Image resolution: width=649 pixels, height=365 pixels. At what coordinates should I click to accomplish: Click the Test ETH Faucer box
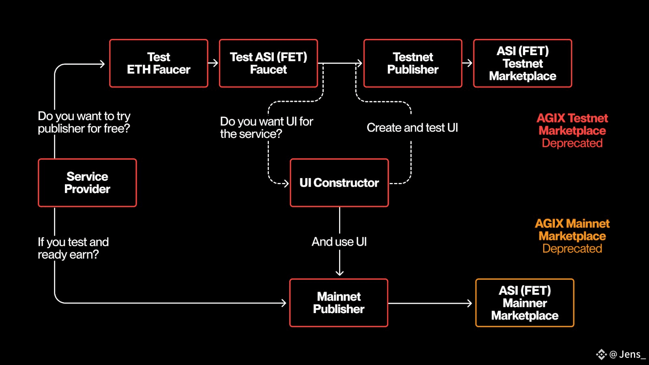(159, 63)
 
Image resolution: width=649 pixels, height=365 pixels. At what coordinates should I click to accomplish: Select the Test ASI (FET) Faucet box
(268, 63)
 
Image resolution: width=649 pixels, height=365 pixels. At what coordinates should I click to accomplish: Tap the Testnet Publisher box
(413, 63)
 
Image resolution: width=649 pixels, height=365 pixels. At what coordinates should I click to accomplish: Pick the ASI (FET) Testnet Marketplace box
(523, 63)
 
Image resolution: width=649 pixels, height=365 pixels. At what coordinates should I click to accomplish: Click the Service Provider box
(87, 183)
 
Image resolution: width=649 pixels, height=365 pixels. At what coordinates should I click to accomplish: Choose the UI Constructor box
(339, 183)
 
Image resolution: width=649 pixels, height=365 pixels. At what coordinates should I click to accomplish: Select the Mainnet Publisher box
(339, 303)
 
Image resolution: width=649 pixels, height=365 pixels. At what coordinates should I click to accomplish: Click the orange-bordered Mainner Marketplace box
(525, 303)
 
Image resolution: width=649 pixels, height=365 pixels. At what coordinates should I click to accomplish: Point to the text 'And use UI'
(339, 242)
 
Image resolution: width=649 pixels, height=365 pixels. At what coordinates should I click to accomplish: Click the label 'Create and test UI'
(412, 128)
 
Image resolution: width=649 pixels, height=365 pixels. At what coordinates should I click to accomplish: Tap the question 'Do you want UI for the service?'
(266, 127)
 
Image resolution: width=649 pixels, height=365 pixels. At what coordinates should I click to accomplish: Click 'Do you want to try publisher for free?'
(84, 122)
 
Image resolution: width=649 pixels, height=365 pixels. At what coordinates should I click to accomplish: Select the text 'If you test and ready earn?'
(73, 248)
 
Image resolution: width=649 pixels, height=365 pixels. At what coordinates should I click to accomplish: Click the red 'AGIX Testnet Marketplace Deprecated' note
(572, 131)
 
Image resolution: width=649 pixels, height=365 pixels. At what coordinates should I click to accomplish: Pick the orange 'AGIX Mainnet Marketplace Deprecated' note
(572, 236)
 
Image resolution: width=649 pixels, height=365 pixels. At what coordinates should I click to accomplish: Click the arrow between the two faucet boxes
(213, 63)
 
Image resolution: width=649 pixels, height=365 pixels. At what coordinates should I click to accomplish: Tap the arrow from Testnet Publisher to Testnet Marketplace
(467, 63)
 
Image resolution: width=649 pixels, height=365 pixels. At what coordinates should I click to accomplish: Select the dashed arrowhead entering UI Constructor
(286, 183)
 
